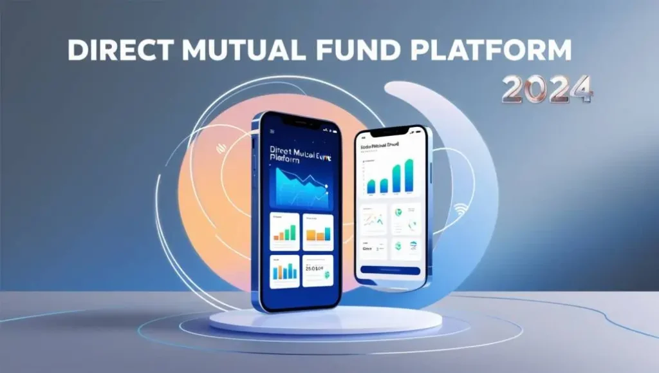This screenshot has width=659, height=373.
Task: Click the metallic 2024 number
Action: (x=547, y=90)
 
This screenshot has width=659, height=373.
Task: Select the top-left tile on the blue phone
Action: (x=285, y=231)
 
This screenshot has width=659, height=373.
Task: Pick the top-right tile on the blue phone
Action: (x=318, y=231)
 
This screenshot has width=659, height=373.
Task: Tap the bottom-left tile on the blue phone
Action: (x=285, y=271)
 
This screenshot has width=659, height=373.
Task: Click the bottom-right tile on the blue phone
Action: (x=318, y=271)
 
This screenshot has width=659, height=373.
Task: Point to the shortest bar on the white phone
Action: (x=370, y=186)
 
